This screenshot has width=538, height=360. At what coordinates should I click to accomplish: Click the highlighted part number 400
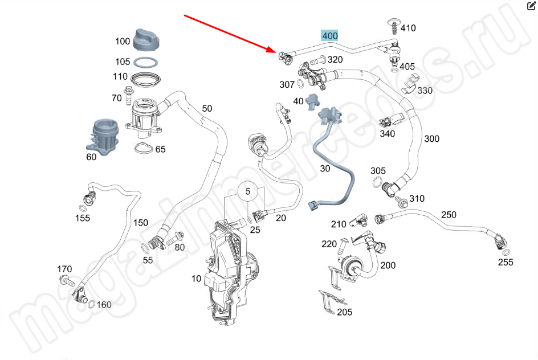pos(330,35)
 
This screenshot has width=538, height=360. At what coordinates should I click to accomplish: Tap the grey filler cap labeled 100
pos(149,38)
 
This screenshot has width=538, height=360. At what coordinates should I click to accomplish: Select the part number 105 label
pos(123,62)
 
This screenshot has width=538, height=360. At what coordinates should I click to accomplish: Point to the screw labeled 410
pos(393,26)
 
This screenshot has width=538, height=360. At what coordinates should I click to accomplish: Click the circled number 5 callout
pos(248,192)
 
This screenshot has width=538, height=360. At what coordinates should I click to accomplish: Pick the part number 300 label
pos(431,138)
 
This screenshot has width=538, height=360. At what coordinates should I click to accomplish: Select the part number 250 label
pos(449,214)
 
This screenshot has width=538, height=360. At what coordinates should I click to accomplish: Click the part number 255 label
pos(505,262)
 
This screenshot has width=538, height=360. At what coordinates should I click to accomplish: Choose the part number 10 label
pos(196,278)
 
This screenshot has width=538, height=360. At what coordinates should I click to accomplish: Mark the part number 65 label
pos(160,149)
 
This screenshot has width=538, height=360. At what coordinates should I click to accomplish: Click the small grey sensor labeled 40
pos(313,101)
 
